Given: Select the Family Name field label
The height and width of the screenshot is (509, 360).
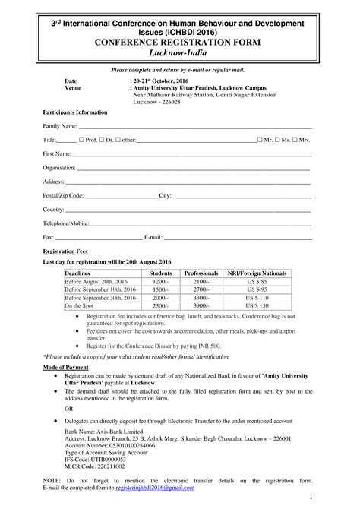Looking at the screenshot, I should point(60,125).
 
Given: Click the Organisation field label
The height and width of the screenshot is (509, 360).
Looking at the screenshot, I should point(59,167).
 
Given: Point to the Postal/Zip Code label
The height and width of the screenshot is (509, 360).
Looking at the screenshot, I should point(63,195).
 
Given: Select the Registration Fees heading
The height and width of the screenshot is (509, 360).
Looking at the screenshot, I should point(65,250).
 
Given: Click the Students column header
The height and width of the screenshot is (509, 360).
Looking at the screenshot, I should point(160,272).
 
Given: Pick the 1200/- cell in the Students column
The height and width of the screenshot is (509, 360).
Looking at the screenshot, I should point(160,281).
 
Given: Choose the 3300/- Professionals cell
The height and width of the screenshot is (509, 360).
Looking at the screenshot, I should point(201,297).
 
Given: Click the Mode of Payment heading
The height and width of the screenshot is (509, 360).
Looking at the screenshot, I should point(66,368).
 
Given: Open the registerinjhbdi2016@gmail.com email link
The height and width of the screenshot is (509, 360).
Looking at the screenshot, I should point(154,488).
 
